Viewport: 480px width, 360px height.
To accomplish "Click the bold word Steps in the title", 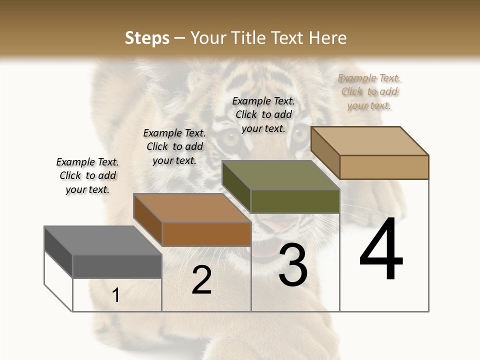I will point(147,38).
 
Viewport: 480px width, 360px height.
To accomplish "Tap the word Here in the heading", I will point(328,38).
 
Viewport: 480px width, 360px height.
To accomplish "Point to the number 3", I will point(293,265).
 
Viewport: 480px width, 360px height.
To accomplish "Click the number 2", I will point(201,280).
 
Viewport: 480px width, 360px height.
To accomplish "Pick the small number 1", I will point(116,295).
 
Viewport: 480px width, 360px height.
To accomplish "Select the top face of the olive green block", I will point(280,175).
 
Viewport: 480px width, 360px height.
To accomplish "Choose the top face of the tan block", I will point(369,141).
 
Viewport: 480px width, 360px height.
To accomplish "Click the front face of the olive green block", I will point(295,201).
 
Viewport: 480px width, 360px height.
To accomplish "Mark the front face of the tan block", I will point(384,167).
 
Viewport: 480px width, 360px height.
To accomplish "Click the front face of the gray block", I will point(117,266).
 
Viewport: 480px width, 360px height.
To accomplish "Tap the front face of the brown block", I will point(206,234).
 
